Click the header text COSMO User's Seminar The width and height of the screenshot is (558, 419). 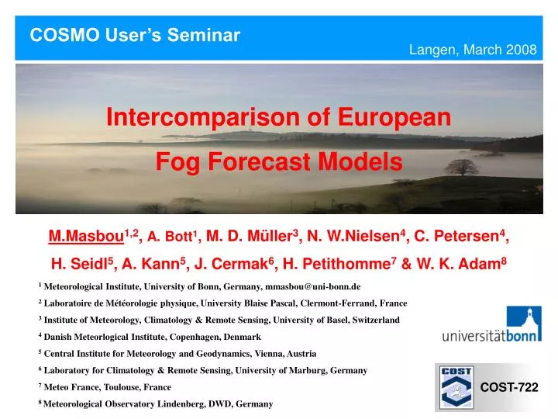coord(135,35)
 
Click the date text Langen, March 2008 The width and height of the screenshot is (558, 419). coord(473,50)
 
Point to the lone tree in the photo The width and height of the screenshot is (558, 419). coord(461,167)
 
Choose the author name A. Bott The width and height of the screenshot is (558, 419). coord(170,237)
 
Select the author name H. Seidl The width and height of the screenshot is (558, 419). coord(76,263)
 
